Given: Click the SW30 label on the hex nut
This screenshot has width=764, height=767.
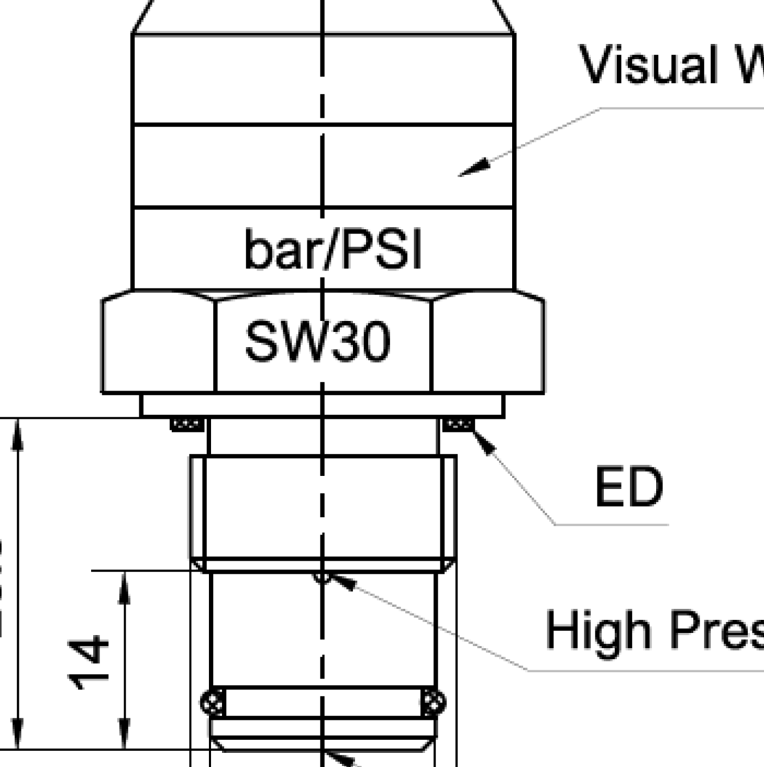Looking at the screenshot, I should pos(317,341).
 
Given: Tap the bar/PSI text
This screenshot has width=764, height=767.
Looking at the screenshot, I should pos(333,250).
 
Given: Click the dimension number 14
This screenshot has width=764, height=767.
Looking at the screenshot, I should pos(89,662).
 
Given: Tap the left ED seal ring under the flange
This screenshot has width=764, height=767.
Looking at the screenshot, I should pos(187,424).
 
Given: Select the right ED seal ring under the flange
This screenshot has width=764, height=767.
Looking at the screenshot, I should pos(458,424).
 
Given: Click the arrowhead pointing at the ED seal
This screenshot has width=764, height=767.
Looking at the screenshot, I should pos(483,442).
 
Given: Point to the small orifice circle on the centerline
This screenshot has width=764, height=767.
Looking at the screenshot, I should pos(321,577).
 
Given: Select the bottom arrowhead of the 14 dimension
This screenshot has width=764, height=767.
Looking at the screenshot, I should pos(124,736).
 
